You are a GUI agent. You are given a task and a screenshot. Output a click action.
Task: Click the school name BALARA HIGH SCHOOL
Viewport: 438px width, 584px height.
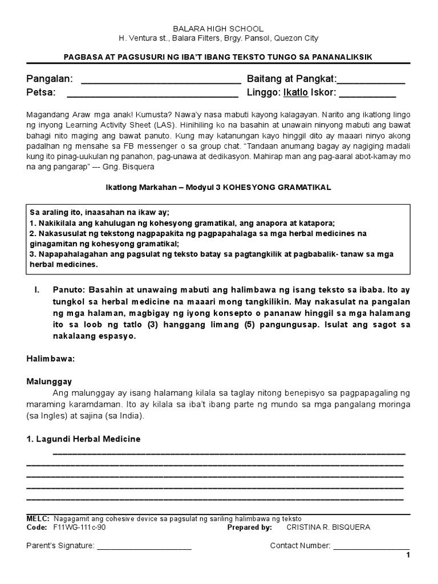tap(218, 29)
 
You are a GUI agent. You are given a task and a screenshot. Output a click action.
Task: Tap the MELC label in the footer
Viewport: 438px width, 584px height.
tap(38, 518)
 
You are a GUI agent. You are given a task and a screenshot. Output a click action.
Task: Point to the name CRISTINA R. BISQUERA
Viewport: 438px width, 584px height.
tap(328, 528)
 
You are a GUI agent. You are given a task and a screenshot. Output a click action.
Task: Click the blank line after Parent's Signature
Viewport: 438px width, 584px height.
tap(144, 546)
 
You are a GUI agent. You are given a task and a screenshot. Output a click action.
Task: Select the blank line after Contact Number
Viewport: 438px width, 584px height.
tap(371, 546)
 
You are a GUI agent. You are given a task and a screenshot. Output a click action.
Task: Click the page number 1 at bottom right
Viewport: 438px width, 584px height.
tap(408, 556)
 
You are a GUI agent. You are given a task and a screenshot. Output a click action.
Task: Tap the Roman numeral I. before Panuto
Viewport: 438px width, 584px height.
tap(37, 290)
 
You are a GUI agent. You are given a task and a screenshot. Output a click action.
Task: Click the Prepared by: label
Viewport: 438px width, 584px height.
tap(249, 528)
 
